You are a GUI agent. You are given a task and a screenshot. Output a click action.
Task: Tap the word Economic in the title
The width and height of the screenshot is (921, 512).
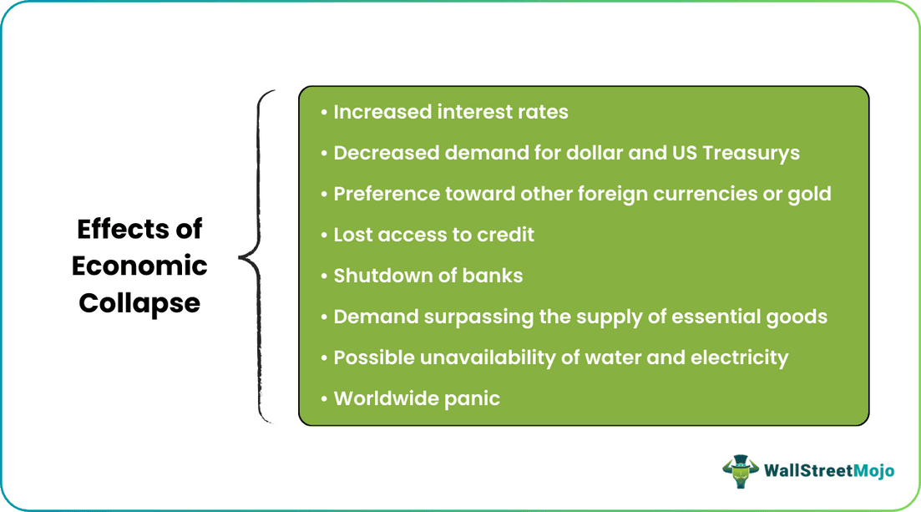click(139, 266)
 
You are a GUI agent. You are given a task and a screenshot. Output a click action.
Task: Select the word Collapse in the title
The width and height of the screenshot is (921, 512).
click(139, 302)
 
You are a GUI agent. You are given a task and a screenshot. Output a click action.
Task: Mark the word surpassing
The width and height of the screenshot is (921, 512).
click(468, 317)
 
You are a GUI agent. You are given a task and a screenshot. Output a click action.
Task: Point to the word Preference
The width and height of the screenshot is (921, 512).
click(387, 194)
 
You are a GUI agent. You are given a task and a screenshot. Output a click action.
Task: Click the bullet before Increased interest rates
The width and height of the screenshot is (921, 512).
click(323, 113)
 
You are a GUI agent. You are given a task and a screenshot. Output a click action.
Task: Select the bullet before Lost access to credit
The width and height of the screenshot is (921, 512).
click(323, 236)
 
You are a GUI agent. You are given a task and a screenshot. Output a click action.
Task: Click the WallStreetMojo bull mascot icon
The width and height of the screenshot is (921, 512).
click(739, 470)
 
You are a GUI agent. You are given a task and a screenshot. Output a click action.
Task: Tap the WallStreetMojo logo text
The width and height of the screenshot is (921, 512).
click(829, 471)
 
